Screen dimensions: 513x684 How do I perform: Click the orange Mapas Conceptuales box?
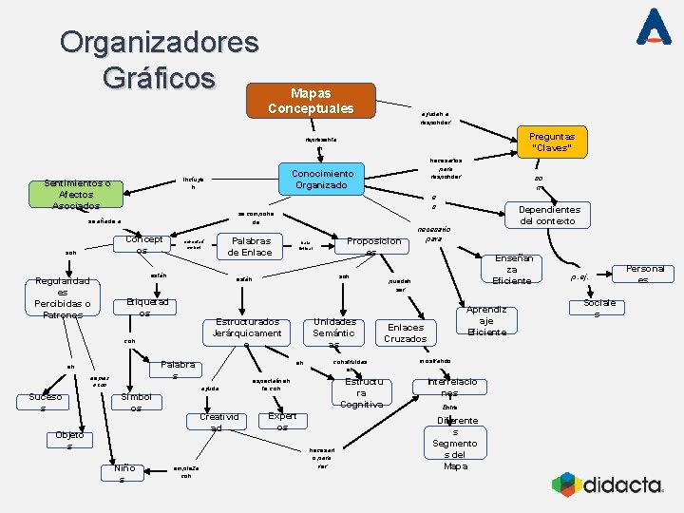312,101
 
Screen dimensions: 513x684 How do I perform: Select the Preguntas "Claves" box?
551,142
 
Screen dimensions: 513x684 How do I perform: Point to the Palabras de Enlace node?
250,246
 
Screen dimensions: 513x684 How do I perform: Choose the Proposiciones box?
373,246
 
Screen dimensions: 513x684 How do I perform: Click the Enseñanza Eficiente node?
513,268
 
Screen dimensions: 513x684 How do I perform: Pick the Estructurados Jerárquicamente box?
248,329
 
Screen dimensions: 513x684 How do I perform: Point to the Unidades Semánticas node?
334,332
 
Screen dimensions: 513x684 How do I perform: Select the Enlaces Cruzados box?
405,332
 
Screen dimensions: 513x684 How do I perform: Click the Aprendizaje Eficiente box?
487,320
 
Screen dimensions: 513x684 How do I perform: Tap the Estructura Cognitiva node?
361,392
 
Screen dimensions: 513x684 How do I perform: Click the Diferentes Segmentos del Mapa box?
455,443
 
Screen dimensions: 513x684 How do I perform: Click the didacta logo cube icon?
566,484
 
